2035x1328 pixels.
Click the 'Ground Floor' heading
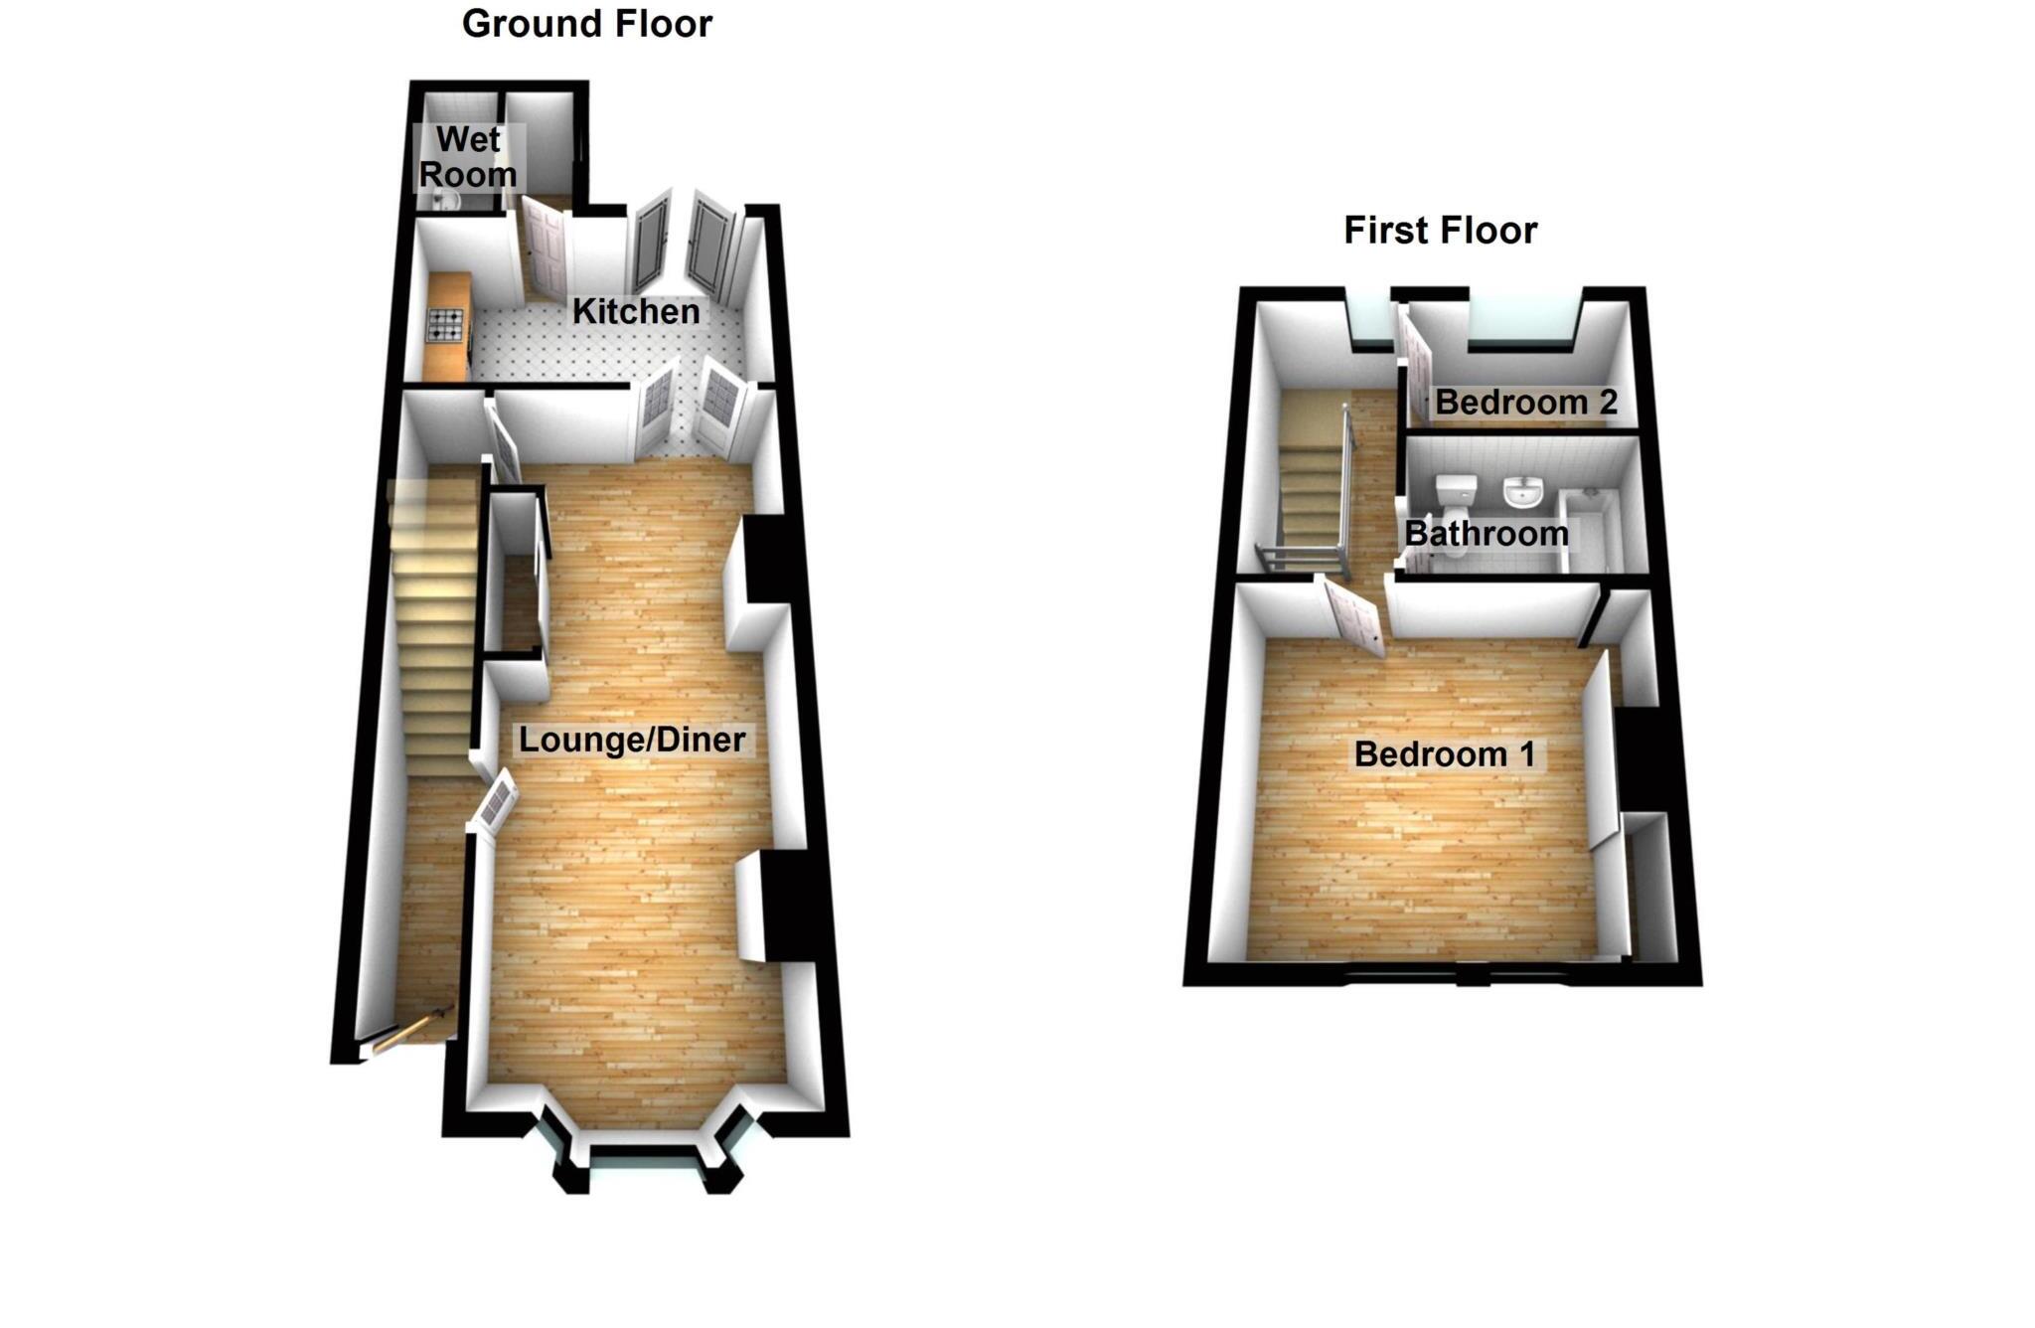(x=586, y=24)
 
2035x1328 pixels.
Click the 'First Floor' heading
(x=1440, y=231)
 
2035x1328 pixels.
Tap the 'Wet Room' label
(x=467, y=157)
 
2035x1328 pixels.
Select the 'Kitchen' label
(x=636, y=311)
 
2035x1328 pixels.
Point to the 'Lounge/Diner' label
(x=632, y=740)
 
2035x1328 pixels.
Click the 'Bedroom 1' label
(x=1445, y=753)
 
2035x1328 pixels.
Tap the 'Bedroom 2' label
(x=1526, y=403)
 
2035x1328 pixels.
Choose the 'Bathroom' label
(x=1487, y=534)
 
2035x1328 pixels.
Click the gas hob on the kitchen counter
(x=445, y=324)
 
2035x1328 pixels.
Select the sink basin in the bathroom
(x=1521, y=491)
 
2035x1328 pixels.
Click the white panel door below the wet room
(x=544, y=249)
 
